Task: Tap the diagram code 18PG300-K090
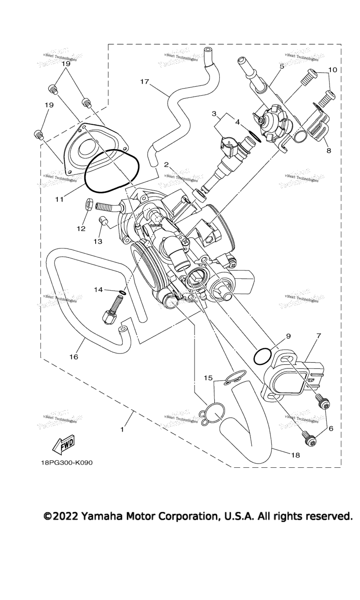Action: (x=67, y=463)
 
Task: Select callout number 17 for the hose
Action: (x=144, y=82)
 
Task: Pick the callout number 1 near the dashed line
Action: (x=122, y=429)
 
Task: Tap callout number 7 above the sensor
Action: (x=318, y=336)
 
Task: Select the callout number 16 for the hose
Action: (x=74, y=357)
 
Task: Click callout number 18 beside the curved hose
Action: (x=295, y=455)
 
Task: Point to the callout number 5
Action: (x=282, y=67)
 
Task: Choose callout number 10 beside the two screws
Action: (x=332, y=70)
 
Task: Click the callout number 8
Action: (x=328, y=151)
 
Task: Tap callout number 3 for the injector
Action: (x=214, y=113)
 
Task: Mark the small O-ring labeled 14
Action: (x=121, y=293)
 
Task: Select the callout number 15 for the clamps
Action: (x=208, y=377)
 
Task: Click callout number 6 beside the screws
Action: (x=331, y=427)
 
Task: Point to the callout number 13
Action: (x=97, y=241)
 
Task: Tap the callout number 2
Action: (x=166, y=164)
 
